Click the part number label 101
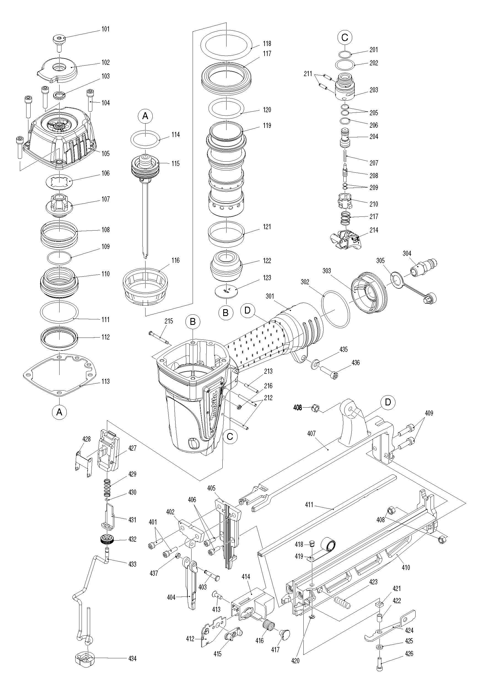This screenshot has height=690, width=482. point(105,29)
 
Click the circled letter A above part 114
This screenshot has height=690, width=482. point(145,116)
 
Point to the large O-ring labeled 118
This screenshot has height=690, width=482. point(226,44)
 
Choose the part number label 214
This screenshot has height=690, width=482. point(374,230)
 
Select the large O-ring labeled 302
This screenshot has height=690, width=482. point(336,309)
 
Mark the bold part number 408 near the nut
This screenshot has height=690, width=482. point(297,408)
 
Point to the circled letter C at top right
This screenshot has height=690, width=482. point(345,37)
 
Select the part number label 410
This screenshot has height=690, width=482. point(406,567)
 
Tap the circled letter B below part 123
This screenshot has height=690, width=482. point(225,312)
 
